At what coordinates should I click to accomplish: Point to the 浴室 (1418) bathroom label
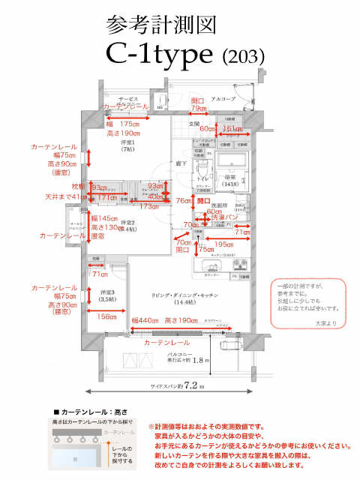click(230, 179)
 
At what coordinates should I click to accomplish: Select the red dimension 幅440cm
click(145, 320)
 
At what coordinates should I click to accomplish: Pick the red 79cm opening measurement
click(198, 109)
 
